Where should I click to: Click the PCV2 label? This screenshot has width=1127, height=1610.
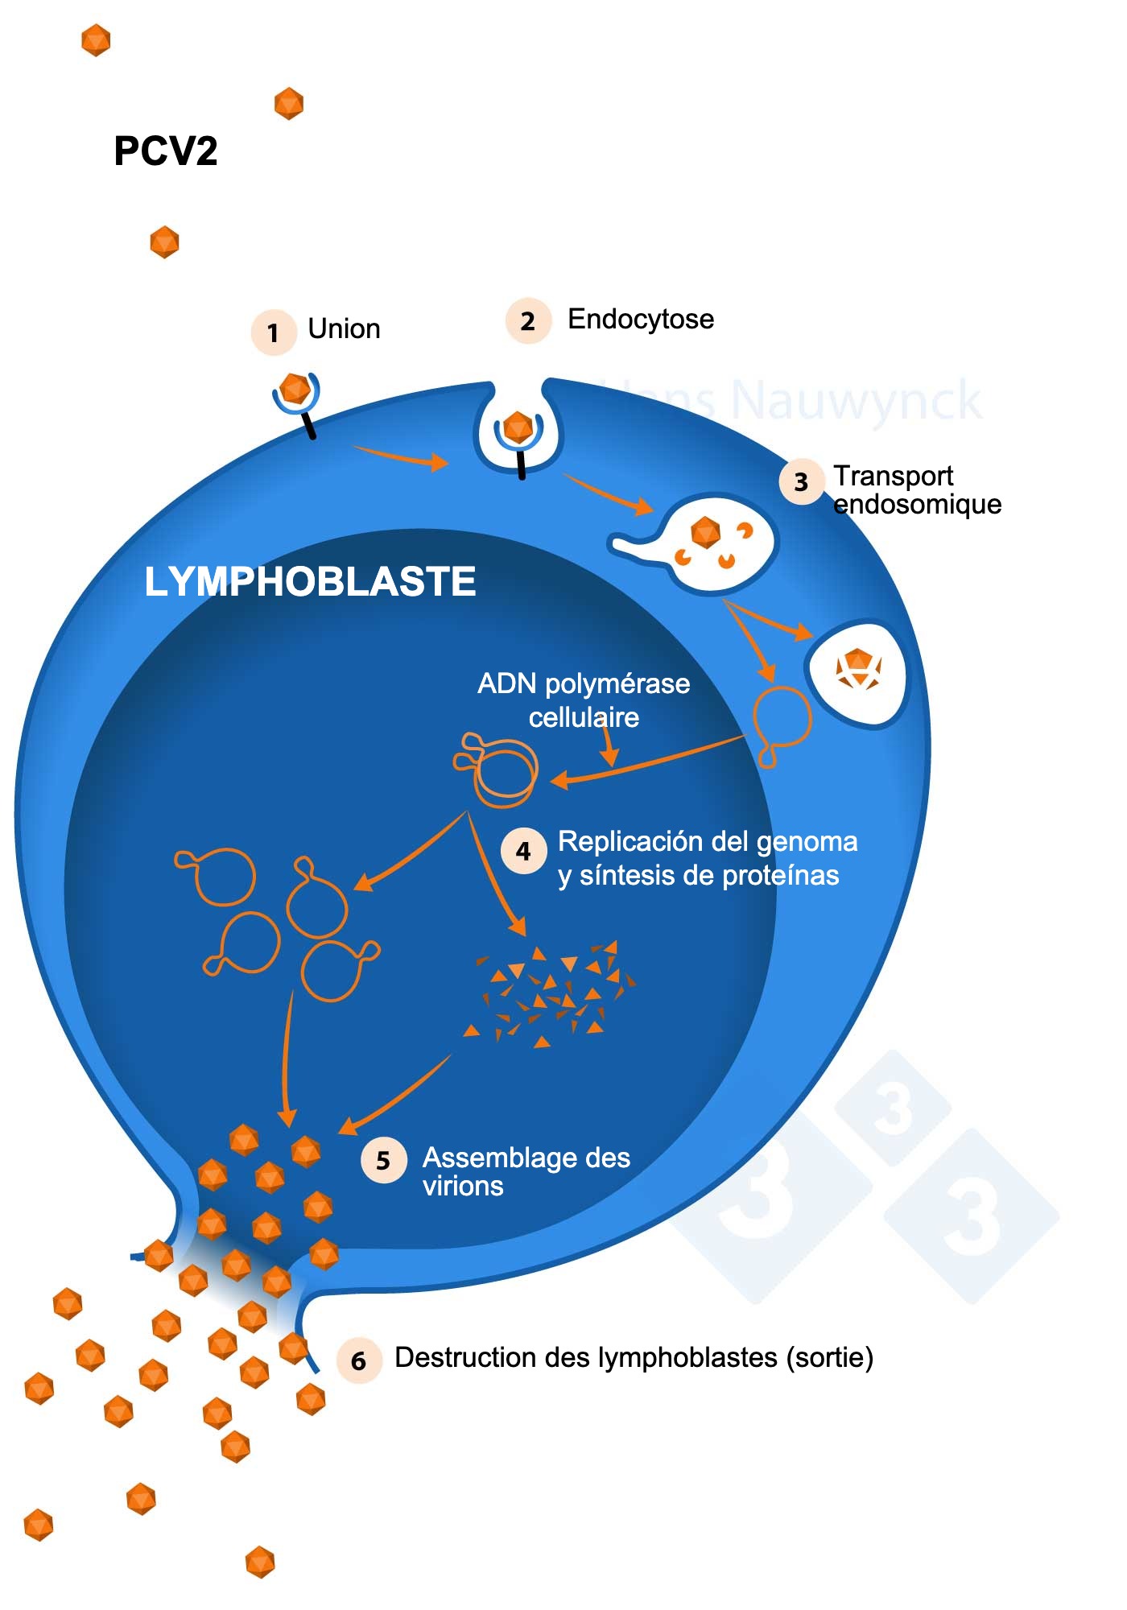tap(166, 151)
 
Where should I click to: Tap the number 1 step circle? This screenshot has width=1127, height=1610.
tap(274, 332)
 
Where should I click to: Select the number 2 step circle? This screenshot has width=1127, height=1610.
tap(528, 321)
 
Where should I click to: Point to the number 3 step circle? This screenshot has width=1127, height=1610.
tap(801, 481)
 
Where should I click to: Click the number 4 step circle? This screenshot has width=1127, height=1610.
tap(524, 851)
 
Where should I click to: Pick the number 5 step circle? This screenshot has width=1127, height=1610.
tap(383, 1160)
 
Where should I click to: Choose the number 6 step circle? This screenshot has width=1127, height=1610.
tap(359, 1360)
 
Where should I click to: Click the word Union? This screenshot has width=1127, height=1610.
tap(344, 329)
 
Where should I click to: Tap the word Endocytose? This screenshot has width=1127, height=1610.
tap(641, 320)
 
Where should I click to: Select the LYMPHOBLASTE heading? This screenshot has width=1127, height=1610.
tap(310, 581)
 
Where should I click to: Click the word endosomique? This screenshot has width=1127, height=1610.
tap(917, 505)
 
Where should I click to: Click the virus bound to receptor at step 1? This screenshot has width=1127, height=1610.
tap(295, 389)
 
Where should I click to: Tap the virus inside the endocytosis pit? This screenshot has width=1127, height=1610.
tap(518, 427)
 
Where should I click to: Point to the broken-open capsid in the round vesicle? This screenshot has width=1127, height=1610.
tap(857, 669)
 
